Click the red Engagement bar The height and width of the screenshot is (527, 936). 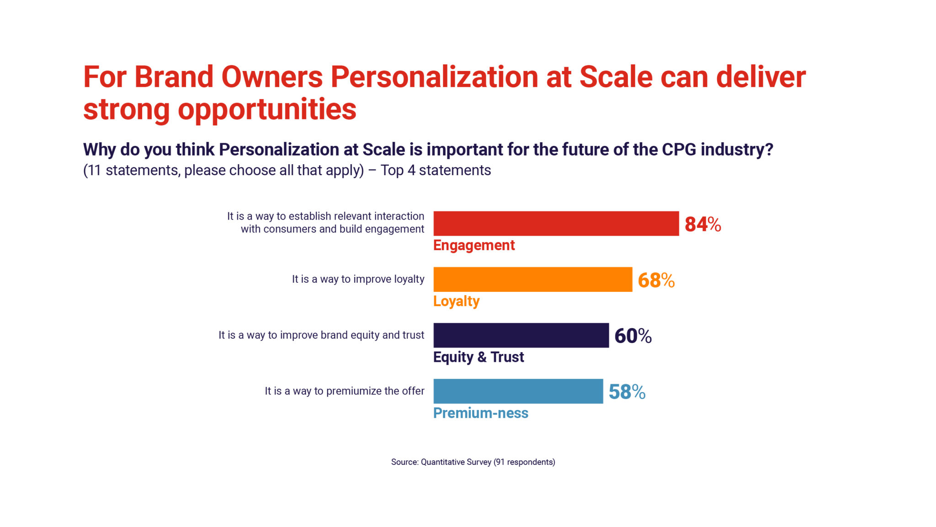tap(556, 224)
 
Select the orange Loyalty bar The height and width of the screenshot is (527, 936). tap(532, 280)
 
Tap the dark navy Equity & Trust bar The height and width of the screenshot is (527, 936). tap(521, 335)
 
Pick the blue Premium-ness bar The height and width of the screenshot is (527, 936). tap(518, 391)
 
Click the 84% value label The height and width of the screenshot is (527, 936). tap(702, 224)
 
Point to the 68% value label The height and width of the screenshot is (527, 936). tap(656, 280)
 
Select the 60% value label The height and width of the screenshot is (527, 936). tap(633, 336)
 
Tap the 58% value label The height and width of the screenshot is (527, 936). tap(627, 392)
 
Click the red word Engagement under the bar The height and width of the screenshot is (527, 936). tap(473, 245)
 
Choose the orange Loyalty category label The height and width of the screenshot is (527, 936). tap(456, 301)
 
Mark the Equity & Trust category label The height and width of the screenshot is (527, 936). tap(478, 357)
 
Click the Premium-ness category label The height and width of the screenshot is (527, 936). tap(480, 413)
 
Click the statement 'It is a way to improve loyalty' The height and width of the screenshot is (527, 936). tap(358, 279)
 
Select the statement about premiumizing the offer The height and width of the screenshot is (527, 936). tap(344, 391)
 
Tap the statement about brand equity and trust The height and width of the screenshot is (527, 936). tap(321, 335)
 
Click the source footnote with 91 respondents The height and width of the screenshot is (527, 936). tap(473, 462)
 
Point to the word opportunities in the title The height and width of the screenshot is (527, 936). tap(267, 110)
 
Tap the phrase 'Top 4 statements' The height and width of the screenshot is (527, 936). tap(436, 170)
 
